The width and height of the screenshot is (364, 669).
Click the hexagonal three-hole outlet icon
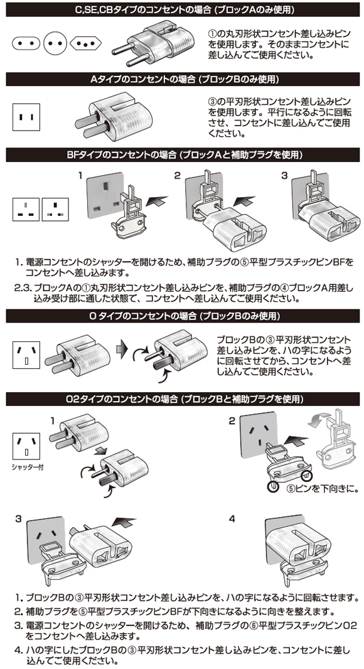coord(85,43)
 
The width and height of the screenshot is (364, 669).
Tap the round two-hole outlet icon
coord(55,43)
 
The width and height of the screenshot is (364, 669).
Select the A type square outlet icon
coord(26,117)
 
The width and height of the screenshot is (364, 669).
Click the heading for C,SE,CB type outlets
coord(183,9)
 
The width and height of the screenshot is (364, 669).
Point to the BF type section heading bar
coord(183,155)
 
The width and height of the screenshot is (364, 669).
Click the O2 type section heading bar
coord(183,399)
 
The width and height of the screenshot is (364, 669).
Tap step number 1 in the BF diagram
coord(80,175)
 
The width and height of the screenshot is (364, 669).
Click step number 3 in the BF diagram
coord(284,175)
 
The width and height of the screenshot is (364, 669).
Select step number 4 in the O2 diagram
coord(232,519)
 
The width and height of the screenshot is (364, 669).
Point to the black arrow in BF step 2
coord(246,201)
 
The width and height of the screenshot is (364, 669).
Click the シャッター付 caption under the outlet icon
coord(28,467)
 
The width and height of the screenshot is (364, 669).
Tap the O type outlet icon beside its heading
coord(26,355)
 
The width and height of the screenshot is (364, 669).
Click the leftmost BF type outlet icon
coord(26,209)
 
